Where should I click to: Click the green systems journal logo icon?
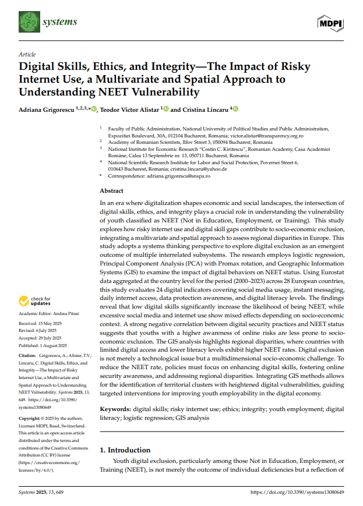tap(28, 22)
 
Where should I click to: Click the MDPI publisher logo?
tap(330, 23)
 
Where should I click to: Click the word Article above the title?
tap(27, 54)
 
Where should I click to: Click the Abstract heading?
tap(111, 190)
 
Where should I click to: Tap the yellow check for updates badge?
tap(35, 301)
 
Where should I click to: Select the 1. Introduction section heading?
tap(125, 450)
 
